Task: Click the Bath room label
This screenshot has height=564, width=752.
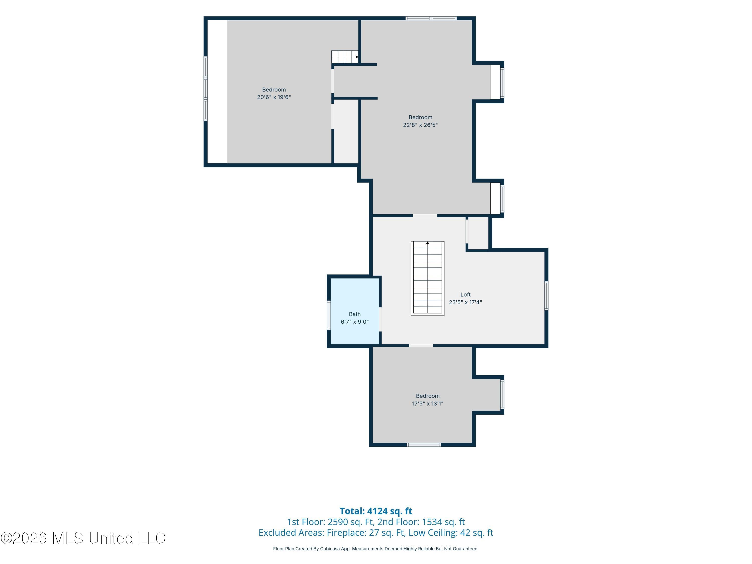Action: click(x=355, y=314)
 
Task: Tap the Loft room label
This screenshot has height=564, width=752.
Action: click(x=465, y=295)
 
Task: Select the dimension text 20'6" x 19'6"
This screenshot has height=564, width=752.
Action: click(x=274, y=97)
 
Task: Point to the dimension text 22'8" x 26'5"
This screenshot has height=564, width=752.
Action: click(x=420, y=125)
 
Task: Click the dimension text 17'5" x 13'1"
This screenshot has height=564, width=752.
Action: click(x=428, y=404)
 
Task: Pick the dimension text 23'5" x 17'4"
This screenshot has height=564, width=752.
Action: click(x=465, y=302)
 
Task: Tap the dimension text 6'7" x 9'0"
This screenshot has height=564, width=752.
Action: click(x=355, y=322)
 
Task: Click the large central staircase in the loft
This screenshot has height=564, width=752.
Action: click(x=428, y=278)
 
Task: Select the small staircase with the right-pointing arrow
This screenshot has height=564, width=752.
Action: click(x=345, y=57)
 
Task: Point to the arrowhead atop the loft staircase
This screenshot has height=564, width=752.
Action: click(x=428, y=243)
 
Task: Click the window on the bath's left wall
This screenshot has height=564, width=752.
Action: click(x=329, y=315)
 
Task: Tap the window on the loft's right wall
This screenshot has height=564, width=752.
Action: click(x=546, y=296)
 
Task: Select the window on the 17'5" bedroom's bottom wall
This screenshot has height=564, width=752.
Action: click(x=424, y=445)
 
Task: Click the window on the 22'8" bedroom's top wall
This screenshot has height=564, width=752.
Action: click(x=431, y=18)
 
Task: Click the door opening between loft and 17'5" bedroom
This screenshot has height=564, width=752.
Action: click(x=421, y=345)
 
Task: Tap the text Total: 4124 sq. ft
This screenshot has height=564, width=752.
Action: click(x=376, y=511)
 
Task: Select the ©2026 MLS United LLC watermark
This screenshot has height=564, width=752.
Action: click(x=83, y=538)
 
